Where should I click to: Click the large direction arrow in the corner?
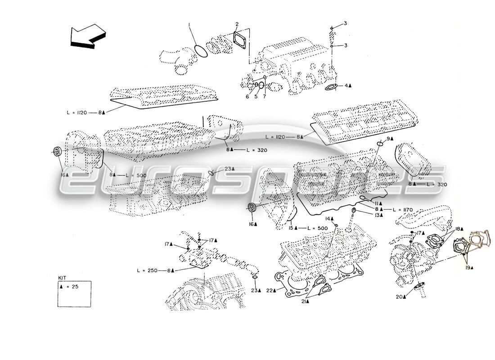click(88, 36)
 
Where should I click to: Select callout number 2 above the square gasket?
click(237, 24)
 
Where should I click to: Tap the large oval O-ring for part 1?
click(200, 50)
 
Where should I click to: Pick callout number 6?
click(247, 96)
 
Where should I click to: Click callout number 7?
click(264, 96)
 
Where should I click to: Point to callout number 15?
click(291, 228)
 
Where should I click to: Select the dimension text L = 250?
click(147, 270)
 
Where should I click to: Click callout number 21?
click(304, 301)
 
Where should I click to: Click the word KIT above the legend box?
click(62, 278)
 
